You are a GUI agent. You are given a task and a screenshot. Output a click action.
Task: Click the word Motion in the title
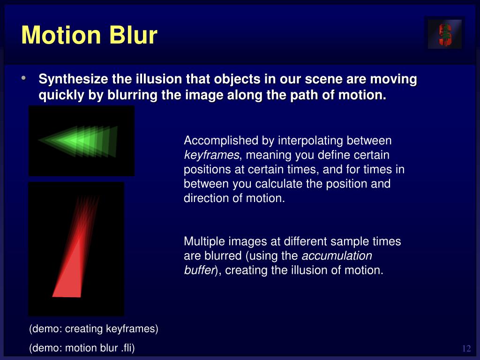(x=61, y=35)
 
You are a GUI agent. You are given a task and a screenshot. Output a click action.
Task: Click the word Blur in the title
(x=133, y=35)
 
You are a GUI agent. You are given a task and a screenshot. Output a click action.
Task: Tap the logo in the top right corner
(x=445, y=34)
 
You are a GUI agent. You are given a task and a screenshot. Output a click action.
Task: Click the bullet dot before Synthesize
(x=23, y=78)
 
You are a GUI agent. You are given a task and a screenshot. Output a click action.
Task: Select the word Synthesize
(x=73, y=79)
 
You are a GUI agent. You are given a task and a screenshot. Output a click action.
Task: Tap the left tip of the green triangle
(x=38, y=140)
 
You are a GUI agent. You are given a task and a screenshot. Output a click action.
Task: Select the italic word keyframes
(x=211, y=155)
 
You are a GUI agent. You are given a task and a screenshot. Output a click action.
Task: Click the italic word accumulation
(x=337, y=255)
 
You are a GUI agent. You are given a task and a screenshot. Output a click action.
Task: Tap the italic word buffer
(x=199, y=270)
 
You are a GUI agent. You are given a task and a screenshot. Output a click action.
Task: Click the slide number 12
(x=466, y=348)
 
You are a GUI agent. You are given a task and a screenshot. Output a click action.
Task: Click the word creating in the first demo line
(x=84, y=329)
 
